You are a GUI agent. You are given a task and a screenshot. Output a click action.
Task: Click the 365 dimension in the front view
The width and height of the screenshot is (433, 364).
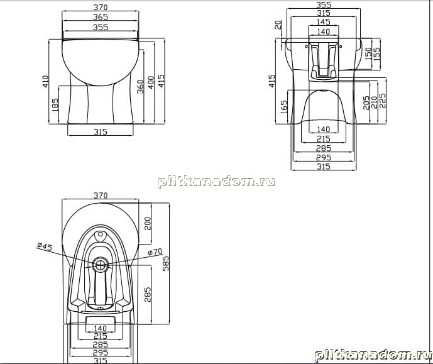(x=101, y=17)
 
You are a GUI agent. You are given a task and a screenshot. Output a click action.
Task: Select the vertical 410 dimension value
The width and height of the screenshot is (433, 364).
(x=45, y=82)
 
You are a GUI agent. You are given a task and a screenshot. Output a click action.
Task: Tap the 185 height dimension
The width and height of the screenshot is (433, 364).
(x=55, y=104)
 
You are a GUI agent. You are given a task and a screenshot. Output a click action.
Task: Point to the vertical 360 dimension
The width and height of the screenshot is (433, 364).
(x=141, y=87)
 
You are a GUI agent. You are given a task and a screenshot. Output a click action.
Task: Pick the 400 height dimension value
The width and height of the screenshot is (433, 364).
(x=151, y=82)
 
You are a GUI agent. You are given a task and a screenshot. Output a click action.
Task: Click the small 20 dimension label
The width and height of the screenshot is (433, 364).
(x=278, y=25)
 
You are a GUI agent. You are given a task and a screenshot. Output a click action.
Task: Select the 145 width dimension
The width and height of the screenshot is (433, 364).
(x=323, y=22)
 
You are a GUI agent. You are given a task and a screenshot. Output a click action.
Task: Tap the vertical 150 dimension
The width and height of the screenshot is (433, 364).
(x=368, y=53)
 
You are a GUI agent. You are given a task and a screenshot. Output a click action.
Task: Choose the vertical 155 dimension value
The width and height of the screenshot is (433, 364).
(x=376, y=54)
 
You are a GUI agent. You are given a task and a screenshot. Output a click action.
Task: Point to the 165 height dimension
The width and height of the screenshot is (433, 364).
(x=283, y=107)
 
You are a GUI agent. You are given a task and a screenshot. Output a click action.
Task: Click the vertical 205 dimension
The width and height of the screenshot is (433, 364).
(x=366, y=102)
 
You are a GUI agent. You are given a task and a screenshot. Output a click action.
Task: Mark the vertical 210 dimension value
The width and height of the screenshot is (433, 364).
(x=374, y=102)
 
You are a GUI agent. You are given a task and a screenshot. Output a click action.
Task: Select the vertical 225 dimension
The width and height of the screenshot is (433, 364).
(x=383, y=101)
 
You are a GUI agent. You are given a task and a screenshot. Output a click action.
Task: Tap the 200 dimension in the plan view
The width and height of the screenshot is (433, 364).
(x=148, y=223)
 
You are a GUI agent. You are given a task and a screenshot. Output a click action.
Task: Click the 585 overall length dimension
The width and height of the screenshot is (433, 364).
(x=165, y=263)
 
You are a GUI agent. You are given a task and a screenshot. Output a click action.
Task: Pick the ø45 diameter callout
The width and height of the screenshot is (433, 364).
(x=45, y=246)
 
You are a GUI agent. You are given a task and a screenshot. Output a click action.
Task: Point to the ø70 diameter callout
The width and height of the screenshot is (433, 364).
(x=155, y=252)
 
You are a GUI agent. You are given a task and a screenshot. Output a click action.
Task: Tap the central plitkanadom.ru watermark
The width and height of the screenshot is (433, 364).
(x=217, y=182)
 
